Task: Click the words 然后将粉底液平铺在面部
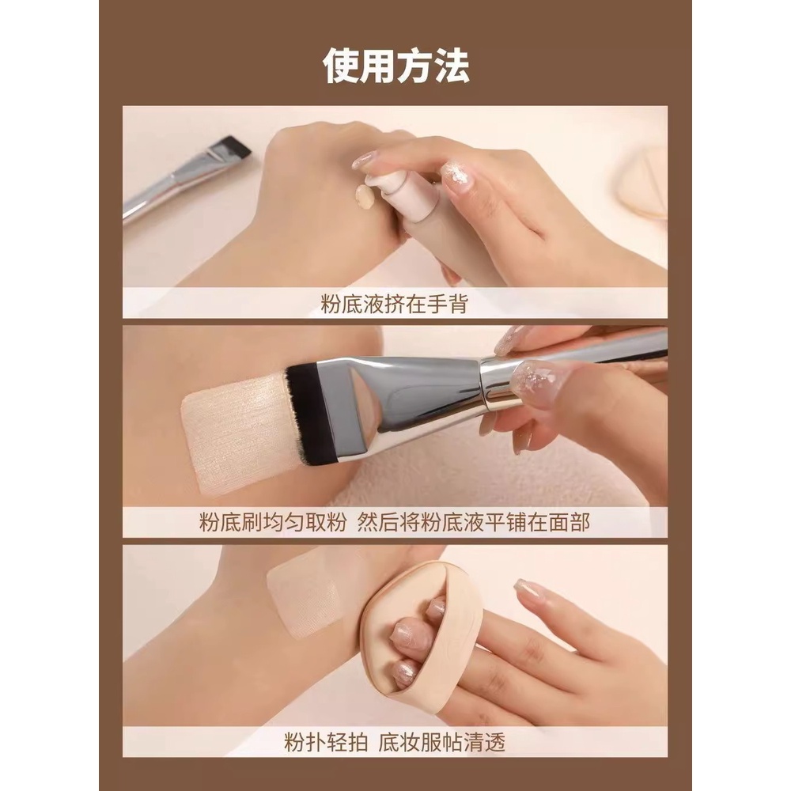487,523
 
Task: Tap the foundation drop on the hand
365,195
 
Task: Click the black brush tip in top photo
234,146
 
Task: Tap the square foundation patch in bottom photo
305,589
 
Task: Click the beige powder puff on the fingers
411,625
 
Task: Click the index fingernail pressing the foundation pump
365,160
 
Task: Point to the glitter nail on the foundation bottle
457,176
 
